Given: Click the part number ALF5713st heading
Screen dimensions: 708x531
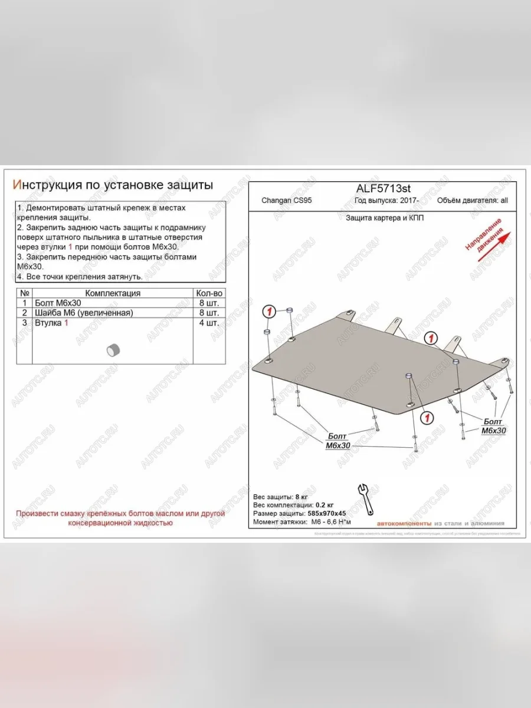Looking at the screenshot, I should [x=383, y=188].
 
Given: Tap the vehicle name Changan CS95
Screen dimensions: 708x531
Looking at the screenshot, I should [x=287, y=201].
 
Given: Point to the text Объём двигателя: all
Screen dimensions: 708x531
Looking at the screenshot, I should [x=472, y=201].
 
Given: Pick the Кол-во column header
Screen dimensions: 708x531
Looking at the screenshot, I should [x=209, y=293].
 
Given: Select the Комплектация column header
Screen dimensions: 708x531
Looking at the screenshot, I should [x=113, y=293].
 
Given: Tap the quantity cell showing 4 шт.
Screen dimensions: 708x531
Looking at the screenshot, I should [x=209, y=323].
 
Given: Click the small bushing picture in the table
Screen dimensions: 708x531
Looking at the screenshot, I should [x=113, y=349].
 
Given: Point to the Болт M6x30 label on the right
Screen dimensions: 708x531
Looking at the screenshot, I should [x=493, y=426].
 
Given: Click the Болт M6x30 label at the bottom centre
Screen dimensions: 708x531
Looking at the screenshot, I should [x=337, y=441].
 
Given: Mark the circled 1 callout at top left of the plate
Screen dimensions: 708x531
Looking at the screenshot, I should [x=268, y=312].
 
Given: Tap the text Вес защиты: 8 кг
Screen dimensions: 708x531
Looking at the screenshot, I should [x=281, y=497].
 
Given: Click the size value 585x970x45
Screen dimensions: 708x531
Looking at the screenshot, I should [x=324, y=513].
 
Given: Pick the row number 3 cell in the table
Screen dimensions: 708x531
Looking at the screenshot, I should [x=25, y=323].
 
